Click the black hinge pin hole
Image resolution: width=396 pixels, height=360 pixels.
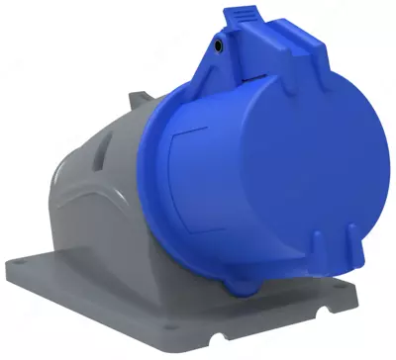coord(217,45)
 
